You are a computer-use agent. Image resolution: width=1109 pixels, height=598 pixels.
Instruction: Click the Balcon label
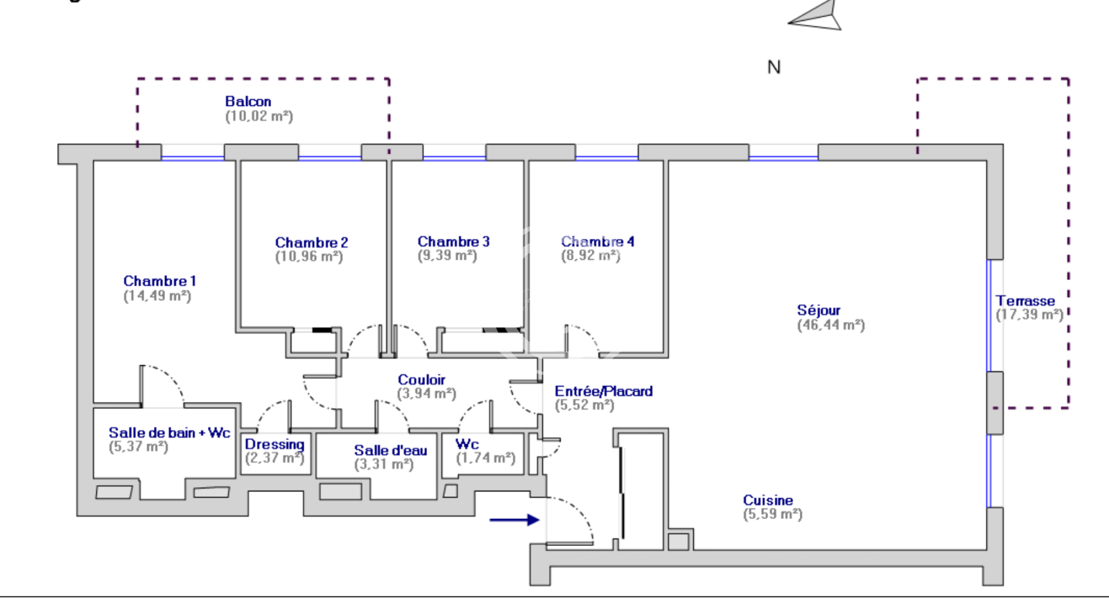pyautogui.click(x=248, y=101)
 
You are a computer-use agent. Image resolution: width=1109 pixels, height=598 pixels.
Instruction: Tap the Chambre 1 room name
pyautogui.click(x=159, y=281)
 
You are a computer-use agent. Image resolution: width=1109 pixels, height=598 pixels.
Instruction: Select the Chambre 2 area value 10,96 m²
pyautogui.click(x=309, y=256)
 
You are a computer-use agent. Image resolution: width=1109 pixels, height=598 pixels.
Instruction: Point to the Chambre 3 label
pyautogui.click(x=453, y=242)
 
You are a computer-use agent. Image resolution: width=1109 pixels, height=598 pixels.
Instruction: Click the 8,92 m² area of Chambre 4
pyautogui.click(x=591, y=256)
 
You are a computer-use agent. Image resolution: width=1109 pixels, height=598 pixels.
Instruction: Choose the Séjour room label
pyautogui.click(x=819, y=310)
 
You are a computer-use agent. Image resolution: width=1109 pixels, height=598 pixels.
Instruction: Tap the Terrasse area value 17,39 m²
pyautogui.click(x=1029, y=315)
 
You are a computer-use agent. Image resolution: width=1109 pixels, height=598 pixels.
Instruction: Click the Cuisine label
pyautogui.click(x=768, y=500)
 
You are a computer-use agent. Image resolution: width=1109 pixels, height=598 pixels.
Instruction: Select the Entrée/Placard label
pyautogui.click(x=604, y=391)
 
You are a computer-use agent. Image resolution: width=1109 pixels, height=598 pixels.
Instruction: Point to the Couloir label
pyautogui.click(x=421, y=380)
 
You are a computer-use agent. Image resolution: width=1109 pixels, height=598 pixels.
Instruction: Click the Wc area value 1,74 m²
pyautogui.click(x=486, y=458)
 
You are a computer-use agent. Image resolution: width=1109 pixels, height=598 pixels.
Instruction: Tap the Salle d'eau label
pyautogui.click(x=391, y=450)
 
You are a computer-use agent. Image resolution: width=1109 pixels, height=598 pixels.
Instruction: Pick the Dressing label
pyautogui.click(x=274, y=445)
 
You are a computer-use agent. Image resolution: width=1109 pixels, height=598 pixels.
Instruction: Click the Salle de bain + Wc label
pyautogui.click(x=169, y=432)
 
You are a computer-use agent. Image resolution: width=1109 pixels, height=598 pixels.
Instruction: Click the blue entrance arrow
pyautogui.click(x=514, y=520)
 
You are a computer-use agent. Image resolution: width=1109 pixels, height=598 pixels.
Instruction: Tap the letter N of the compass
pyautogui.click(x=774, y=67)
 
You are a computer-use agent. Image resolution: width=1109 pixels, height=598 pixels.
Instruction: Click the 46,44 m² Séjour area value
pyautogui.click(x=831, y=325)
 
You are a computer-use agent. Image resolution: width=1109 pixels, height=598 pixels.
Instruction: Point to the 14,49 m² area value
pyautogui.click(x=157, y=296)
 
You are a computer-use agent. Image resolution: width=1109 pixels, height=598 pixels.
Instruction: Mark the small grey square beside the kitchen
pyautogui.click(x=679, y=542)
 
